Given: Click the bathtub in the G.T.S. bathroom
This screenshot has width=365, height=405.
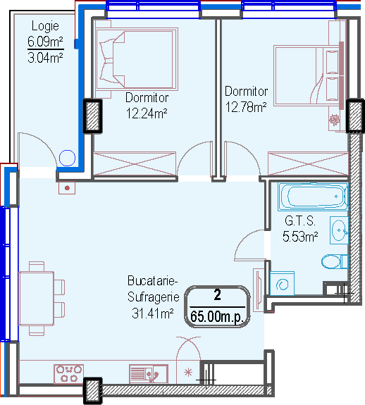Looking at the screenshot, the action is click(x=313, y=197).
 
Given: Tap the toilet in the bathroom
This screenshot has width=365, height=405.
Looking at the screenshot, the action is click(x=335, y=261).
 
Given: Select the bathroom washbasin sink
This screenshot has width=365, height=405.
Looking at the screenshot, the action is click(x=339, y=230).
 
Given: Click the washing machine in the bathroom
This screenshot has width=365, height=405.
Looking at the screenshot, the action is click(x=282, y=283).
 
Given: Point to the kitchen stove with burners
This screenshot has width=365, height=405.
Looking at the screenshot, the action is click(x=69, y=374).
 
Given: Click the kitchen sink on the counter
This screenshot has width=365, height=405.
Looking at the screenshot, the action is click(x=149, y=374).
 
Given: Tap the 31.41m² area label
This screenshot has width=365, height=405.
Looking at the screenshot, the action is click(x=153, y=313).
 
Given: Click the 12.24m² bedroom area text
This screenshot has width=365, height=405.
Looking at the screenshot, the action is click(x=147, y=113).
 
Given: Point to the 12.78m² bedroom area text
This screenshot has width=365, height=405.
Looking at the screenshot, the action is click(x=246, y=107).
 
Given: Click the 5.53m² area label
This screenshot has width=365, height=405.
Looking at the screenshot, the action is click(x=300, y=236).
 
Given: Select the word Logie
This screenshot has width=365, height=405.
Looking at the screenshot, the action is click(x=45, y=26).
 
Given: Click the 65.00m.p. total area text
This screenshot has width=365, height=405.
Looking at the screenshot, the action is click(x=217, y=316).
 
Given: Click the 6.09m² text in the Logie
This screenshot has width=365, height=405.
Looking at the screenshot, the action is click(x=46, y=42).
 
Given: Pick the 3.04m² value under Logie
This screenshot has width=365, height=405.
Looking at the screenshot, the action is click(x=46, y=58).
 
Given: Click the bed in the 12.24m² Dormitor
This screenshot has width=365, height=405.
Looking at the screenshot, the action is click(x=137, y=59).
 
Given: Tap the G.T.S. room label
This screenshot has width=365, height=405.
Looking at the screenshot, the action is click(x=300, y=221).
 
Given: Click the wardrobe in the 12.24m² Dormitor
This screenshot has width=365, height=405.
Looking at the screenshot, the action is click(x=135, y=163).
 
